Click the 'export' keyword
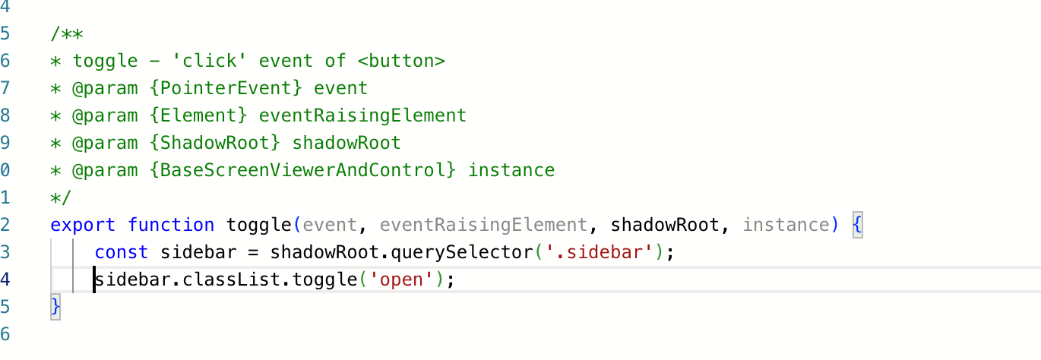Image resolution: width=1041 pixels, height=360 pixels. pyautogui.click(x=83, y=226)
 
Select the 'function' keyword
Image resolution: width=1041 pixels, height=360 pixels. pyautogui.click(x=171, y=225)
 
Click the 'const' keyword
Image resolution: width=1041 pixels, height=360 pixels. pyautogui.click(x=122, y=252)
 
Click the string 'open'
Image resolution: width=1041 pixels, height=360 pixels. pyautogui.click(x=401, y=280)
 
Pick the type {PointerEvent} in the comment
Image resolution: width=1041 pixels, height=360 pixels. pyautogui.click(x=226, y=88)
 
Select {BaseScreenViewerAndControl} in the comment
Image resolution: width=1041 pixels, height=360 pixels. pyautogui.click(x=302, y=170)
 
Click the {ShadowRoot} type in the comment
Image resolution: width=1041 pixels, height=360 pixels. pyautogui.click(x=215, y=143)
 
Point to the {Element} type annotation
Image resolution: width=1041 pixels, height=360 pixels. pyautogui.click(x=198, y=115)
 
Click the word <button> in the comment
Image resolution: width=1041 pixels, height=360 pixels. pyautogui.click(x=401, y=61)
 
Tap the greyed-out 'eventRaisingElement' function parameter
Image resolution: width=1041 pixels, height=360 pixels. pyautogui.click(x=483, y=226)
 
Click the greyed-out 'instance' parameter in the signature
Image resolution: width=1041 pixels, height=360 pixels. pyautogui.click(x=786, y=225)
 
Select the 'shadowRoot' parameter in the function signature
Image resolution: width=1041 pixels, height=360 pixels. pyautogui.click(x=665, y=225)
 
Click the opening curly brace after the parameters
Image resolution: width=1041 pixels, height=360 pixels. pyautogui.click(x=857, y=226)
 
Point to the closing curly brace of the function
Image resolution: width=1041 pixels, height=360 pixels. pyautogui.click(x=55, y=307)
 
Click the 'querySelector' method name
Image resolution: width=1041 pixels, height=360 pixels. pyautogui.click(x=461, y=253)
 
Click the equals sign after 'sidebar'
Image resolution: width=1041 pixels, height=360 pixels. pyautogui.click(x=253, y=253)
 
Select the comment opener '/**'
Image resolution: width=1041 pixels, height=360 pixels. pyautogui.click(x=67, y=34)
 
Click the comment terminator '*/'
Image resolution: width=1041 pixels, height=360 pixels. pyautogui.click(x=61, y=198)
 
